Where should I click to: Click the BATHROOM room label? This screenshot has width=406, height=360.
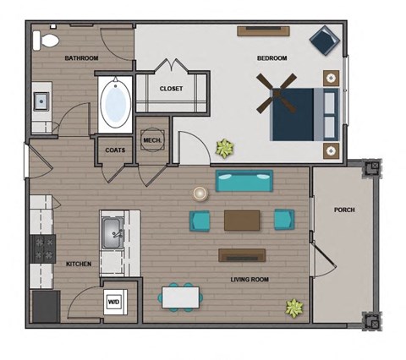tap(82, 58)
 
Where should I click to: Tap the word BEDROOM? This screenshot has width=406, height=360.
tap(272, 58)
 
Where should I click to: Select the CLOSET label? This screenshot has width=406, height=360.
tap(172, 88)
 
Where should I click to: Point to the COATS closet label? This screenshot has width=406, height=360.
tap(115, 150)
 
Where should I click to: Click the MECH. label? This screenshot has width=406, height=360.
tap(152, 141)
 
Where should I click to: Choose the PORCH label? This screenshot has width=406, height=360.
tap(344, 210)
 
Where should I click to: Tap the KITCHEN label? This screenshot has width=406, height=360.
tap(79, 264)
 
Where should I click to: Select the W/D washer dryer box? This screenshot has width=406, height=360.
tap(113, 301)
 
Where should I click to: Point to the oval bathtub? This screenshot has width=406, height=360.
tap(115, 103)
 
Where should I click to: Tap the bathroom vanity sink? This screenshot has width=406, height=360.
tap(40, 101)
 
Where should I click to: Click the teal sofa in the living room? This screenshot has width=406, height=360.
tap(245, 181)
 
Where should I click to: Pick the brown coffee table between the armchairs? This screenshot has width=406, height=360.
tap(242, 220)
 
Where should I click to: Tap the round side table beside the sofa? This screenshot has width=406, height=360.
tap(200, 194)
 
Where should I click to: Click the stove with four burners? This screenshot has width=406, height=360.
tap(41, 248)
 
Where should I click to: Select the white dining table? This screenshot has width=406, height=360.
tap(181, 298)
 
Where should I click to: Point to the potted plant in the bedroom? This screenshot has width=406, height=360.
tap(225, 149)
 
